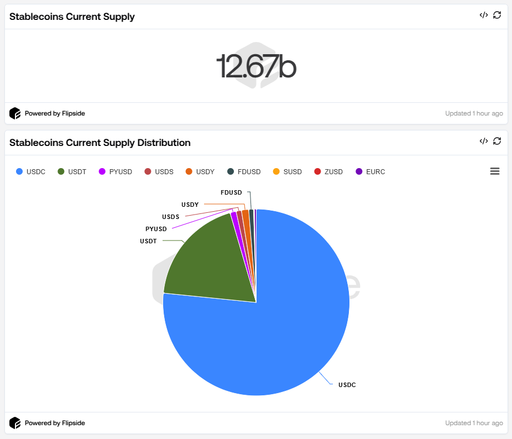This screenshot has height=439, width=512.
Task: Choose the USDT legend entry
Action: (71, 172)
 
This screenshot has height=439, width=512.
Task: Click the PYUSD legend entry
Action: (116, 172)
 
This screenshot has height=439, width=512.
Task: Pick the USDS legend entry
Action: (159, 172)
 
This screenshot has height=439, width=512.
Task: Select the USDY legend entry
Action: (200, 172)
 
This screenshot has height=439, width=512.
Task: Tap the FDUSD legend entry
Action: (244, 172)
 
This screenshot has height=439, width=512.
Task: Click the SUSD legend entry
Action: (288, 172)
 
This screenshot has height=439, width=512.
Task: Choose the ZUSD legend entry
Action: (328, 172)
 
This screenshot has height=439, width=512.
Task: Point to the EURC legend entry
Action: (370, 172)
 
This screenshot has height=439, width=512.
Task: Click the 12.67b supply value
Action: (256, 66)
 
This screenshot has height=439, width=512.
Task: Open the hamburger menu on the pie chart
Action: (495, 171)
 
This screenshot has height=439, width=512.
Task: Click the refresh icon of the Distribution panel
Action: (497, 141)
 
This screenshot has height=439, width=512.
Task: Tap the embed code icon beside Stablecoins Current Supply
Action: (483, 15)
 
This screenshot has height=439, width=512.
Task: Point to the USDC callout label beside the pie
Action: (347, 385)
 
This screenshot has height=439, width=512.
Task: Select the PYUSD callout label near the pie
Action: (156, 229)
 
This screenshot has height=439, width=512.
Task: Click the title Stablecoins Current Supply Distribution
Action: (100, 143)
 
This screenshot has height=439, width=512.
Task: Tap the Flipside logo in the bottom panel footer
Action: (15, 423)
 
